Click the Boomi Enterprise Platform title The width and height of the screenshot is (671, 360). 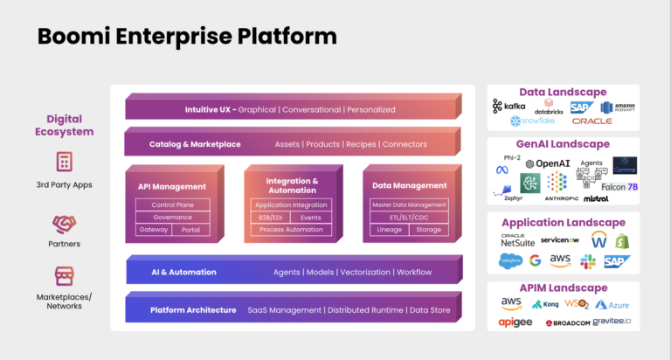click(186, 36)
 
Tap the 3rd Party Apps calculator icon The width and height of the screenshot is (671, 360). click(64, 163)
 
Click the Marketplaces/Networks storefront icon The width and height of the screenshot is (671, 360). click(64, 276)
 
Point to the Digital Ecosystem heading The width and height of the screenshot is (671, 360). click(70, 125)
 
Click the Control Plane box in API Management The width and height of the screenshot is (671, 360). click(173, 204)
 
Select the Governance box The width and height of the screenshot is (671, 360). click(173, 217)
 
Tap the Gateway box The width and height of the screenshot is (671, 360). click(153, 230)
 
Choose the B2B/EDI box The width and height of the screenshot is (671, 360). click(270, 217)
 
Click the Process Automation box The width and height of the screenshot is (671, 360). click(291, 230)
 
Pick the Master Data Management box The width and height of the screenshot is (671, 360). click(409, 204)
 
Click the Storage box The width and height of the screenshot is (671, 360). click(429, 230)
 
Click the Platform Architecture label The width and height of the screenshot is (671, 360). click(192, 309)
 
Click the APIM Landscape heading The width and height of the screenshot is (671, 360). click(564, 287)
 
